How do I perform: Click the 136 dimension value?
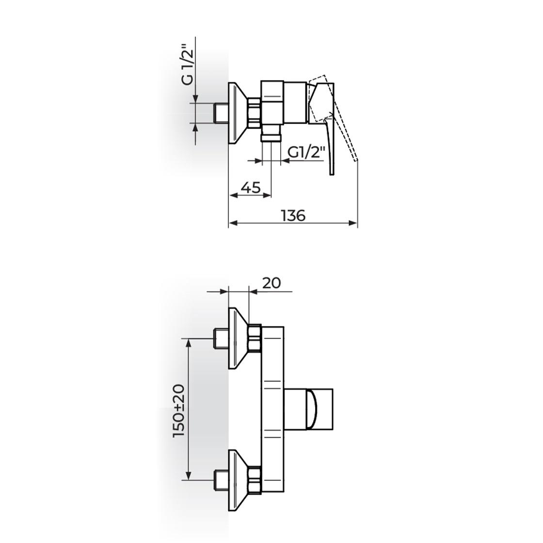click(x=293, y=215)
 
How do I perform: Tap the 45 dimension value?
click(x=250, y=187)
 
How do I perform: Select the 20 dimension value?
click(x=271, y=283)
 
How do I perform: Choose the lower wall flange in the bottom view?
click(x=238, y=480)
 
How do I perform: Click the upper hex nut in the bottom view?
click(x=255, y=338)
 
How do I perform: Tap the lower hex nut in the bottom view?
click(x=255, y=480)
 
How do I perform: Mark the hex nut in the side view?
click(x=255, y=113)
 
